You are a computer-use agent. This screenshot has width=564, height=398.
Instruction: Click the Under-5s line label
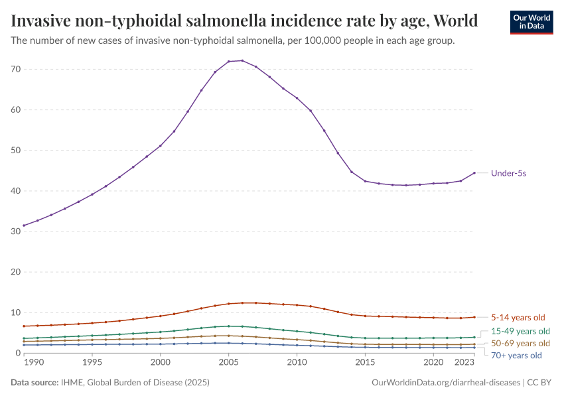tap(508, 173)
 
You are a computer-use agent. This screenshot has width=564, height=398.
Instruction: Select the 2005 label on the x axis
tap(228, 363)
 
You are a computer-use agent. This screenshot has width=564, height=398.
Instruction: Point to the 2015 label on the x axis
tap(365, 363)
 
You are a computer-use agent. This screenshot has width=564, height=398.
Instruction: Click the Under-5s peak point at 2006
tap(242, 60)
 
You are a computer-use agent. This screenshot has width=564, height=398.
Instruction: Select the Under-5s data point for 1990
tap(24, 226)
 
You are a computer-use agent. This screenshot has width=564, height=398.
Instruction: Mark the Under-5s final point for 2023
tap(474, 173)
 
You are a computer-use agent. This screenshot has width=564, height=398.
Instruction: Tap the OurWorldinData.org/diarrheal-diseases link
tap(446, 383)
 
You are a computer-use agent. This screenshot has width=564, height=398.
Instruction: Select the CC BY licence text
tap(542, 383)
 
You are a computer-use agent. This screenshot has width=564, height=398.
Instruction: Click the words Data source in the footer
tap(33, 383)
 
